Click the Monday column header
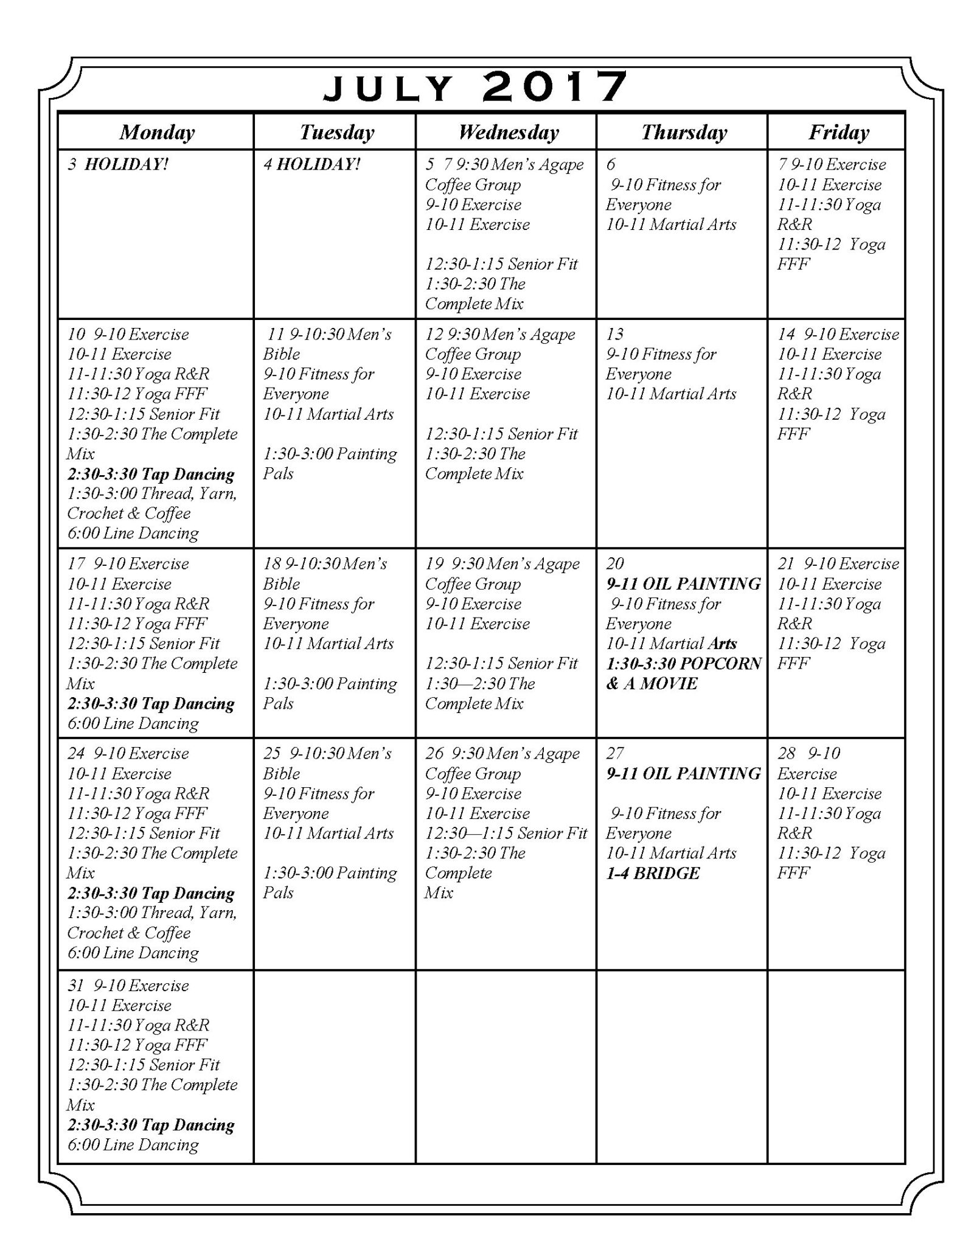156,132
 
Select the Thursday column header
683,132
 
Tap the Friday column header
838,132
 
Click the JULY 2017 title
475,87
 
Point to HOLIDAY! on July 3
126,164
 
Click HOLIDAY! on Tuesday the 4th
318,164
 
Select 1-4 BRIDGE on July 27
653,873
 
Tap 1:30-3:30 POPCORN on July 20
683,663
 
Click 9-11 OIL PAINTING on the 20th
683,583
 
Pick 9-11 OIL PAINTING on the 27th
683,773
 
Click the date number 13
614,334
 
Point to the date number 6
611,164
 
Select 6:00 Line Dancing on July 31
133,1144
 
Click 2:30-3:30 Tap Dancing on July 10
151,474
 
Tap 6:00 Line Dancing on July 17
133,723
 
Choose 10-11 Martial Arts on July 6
671,224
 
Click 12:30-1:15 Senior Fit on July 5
501,264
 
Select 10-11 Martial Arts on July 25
329,833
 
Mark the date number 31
76,985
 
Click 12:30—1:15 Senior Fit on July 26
506,833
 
